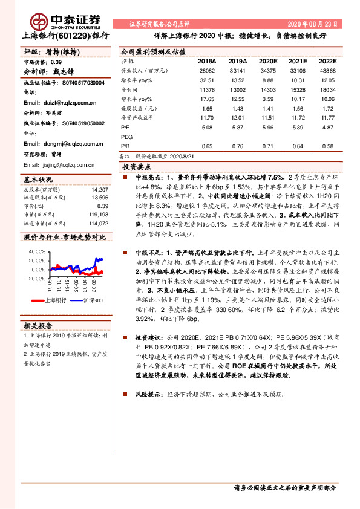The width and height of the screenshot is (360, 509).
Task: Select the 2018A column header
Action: (x=206, y=61)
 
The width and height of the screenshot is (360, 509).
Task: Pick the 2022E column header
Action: (x=327, y=61)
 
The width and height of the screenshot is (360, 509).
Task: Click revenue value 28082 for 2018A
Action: (x=206, y=70)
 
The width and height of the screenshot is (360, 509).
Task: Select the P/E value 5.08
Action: (x=206, y=128)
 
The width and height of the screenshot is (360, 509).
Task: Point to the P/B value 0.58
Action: (x=327, y=146)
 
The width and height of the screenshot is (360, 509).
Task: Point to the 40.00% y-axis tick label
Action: (x=37, y=251)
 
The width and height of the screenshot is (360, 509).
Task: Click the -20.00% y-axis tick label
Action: (x=36, y=279)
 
